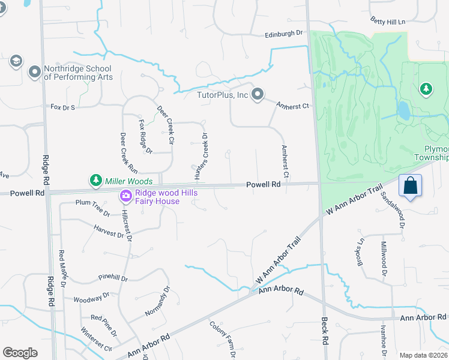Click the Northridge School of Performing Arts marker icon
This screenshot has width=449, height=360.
click(x=34, y=72)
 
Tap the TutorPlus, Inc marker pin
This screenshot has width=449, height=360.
click(x=258, y=94)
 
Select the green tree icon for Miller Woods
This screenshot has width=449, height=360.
click(x=95, y=180)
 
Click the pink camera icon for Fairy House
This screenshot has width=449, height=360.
click(x=125, y=196)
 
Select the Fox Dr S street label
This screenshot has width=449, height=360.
click(x=62, y=107)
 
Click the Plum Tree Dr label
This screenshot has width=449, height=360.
click(x=92, y=208)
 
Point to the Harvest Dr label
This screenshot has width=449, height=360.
click(x=108, y=231)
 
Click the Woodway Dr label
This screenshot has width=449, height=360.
click(x=91, y=297)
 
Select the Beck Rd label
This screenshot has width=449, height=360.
click(x=325, y=339)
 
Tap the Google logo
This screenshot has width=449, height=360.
click(x=20, y=353)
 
